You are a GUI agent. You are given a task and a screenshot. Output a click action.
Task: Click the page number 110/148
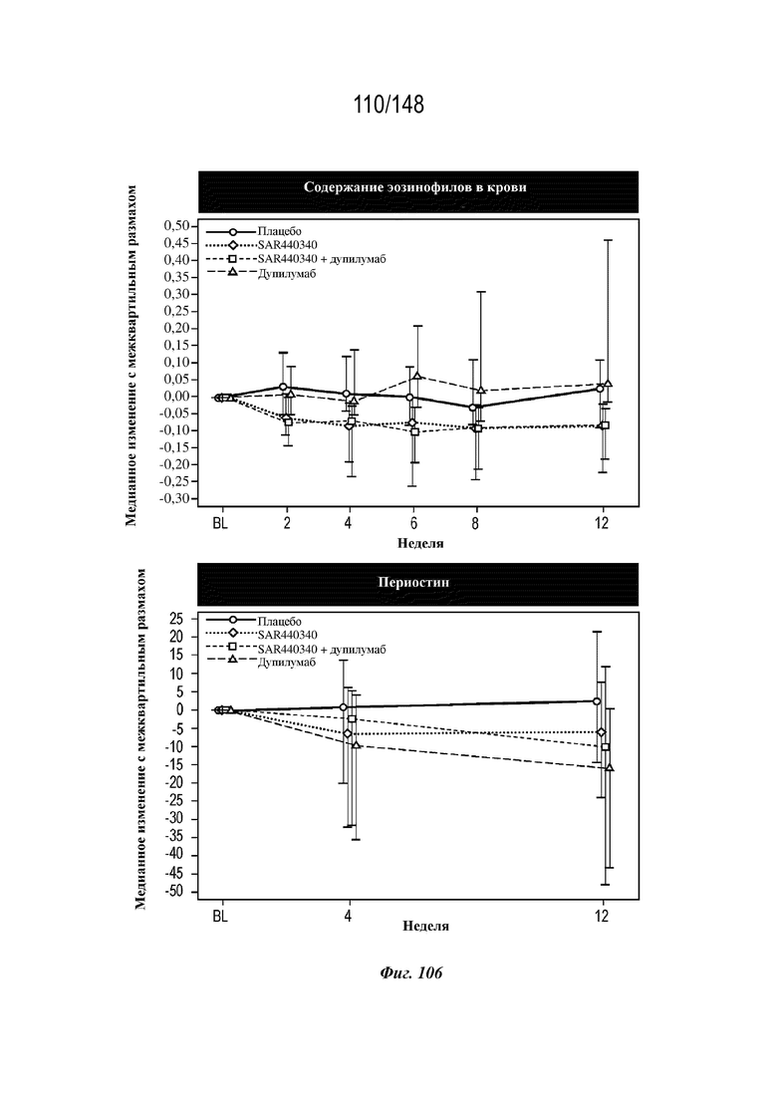tap(388, 105)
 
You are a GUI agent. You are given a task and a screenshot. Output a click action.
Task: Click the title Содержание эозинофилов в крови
tap(414, 187)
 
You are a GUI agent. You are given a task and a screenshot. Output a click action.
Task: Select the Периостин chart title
tap(413, 583)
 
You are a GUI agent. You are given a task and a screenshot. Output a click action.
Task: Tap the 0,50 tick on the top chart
tap(176, 226)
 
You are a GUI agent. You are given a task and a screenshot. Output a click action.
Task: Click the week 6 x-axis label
tap(414, 523)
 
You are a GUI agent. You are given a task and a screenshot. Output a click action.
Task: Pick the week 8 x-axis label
tap(475, 523)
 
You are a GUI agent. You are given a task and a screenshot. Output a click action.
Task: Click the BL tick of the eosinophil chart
tap(220, 523)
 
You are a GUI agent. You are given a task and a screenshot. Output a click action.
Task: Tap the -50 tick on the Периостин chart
tap(173, 892)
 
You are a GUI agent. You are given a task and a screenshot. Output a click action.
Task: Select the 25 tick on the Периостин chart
tap(175, 619)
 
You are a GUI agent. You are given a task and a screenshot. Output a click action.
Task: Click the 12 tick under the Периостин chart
tap(602, 916)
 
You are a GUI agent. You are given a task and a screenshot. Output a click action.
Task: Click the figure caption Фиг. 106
tap(411, 972)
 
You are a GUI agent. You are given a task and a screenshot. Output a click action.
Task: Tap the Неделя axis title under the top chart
tap(420, 542)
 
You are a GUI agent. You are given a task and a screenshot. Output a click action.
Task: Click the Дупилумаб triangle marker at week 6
tap(417, 377)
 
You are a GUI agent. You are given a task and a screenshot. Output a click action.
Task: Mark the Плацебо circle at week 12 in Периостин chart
tap(597, 700)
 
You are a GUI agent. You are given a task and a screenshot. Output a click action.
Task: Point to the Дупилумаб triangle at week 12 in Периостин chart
tap(610, 767)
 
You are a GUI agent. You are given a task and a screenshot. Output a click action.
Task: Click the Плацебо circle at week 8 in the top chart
tap(473, 408)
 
